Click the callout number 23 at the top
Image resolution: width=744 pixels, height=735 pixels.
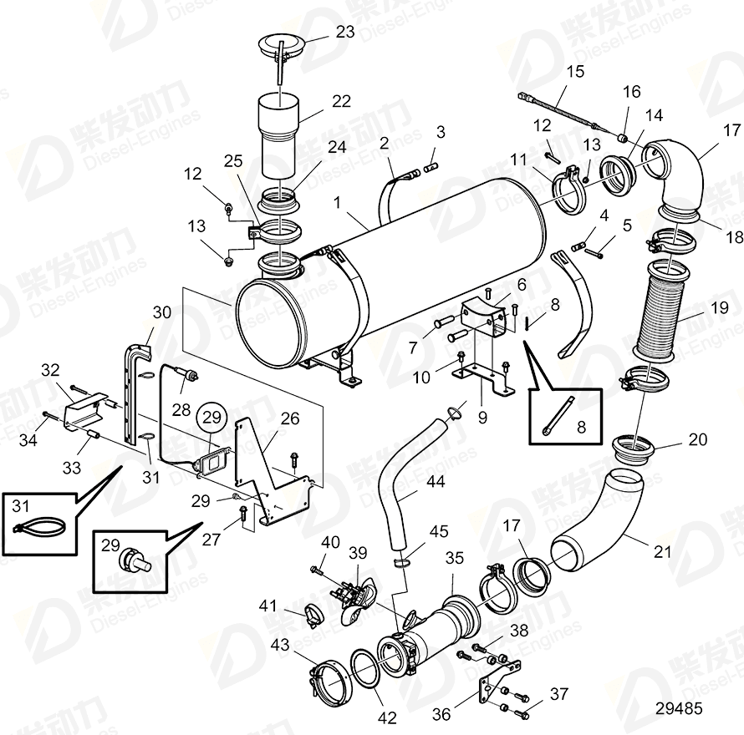click(x=345, y=32)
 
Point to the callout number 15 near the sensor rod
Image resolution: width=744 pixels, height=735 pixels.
click(x=576, y=72)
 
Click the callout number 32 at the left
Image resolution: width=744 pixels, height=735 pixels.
click(x=50, y=370)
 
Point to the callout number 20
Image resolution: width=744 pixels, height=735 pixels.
click(x=696, y=439)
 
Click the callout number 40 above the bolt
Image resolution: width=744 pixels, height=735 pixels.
click(x=331, y=542)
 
